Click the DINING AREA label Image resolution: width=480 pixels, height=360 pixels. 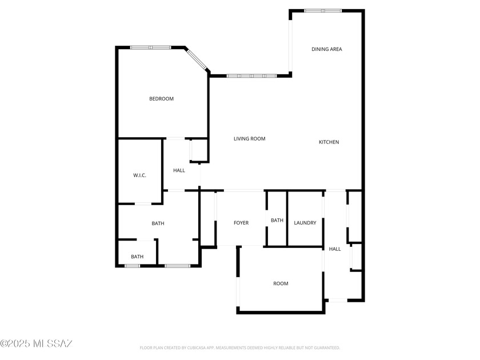point(327,49)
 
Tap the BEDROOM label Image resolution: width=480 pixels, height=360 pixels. point(161,99)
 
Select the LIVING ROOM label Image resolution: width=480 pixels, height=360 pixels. point(250,139)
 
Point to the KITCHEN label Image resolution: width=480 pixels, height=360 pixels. point(329,142)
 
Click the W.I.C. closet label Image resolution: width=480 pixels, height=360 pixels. point(139,175)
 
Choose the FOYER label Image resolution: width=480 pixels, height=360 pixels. point(241,223)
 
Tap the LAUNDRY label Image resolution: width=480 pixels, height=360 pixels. point(305,223)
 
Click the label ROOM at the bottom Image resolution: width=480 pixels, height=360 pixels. point(281,284)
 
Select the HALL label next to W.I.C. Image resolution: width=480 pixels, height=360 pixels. point(179,170)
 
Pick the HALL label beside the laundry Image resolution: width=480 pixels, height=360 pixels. point(335,249)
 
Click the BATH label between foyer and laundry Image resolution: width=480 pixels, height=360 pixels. point(277,221)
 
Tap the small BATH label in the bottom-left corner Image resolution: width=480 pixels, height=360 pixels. point(137,257)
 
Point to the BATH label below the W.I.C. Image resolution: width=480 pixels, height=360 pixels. point(158,223)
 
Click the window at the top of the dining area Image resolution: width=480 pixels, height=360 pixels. point(322,10)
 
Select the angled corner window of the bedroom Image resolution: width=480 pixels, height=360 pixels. point(198,60)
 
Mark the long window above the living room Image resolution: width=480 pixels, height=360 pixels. point(251,75)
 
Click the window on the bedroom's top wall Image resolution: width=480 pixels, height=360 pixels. point(150,47)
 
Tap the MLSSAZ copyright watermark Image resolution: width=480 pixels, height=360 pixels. point(36,343)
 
